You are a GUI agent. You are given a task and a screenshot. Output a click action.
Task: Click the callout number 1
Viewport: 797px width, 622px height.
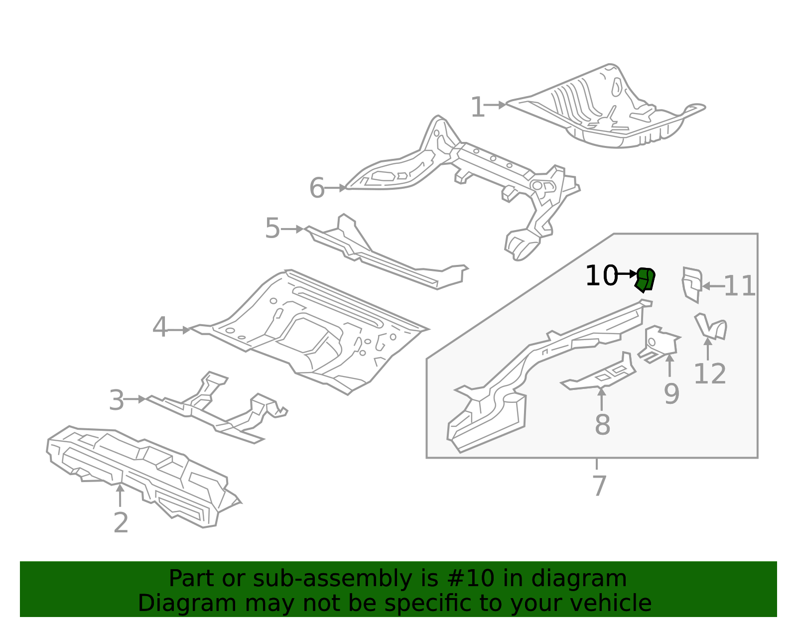[477, 108]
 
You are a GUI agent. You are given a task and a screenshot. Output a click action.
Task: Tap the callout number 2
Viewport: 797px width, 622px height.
[121, 523]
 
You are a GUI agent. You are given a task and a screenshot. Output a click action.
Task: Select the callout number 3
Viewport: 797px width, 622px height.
[116, 401]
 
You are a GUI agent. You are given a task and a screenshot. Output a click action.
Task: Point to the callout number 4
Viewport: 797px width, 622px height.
[159, 328]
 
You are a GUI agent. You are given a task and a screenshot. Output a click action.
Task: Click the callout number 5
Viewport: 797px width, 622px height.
[272, 229]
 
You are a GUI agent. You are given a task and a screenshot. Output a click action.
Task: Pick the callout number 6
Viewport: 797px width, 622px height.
[317, 188]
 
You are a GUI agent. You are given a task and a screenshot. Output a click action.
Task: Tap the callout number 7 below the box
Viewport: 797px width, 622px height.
[599, 486]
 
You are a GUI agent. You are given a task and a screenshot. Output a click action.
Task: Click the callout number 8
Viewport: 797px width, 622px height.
[602, 425]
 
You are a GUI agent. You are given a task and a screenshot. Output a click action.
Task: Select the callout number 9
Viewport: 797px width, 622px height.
[671, 394]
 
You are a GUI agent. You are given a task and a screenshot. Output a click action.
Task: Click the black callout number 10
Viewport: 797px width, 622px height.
[601, 276]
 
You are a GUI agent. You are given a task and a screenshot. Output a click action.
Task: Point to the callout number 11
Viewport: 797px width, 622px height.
[739, 286]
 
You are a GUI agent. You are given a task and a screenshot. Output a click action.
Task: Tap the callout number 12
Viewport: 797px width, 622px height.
[709, 374]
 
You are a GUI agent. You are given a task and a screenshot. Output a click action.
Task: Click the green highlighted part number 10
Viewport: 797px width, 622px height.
[645, 280]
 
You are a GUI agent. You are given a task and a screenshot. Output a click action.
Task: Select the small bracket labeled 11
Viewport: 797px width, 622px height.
[691, 284]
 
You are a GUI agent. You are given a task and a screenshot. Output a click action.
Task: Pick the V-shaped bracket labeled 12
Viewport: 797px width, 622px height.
[711, 327]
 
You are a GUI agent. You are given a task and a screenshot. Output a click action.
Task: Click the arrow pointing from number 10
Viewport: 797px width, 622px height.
[627, 274]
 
